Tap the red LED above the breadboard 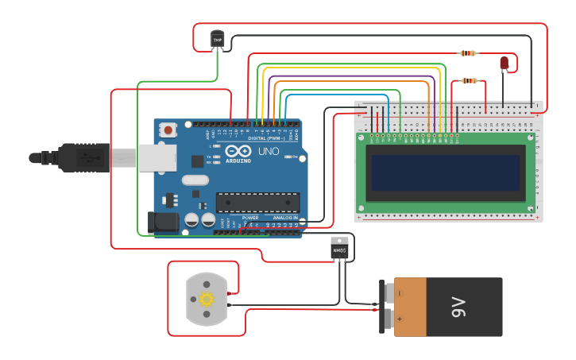[x=504, y=63]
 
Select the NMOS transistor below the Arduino [x=339, y=249]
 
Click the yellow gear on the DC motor [x=207, y=299]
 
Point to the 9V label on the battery [x=458, y=307]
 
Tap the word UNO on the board [x=268, y=151]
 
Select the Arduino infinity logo [x=238, y=151]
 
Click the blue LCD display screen [x=445, y=172]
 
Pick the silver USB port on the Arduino [x=157, y=157]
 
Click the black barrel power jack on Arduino [x=163, y=222]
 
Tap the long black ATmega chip [x=257, y=203]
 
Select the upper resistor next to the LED [x=468, y=53]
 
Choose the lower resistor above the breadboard [x=470, y=80]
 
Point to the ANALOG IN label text [x=285, y=217]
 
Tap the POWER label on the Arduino [x=250, y=217]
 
